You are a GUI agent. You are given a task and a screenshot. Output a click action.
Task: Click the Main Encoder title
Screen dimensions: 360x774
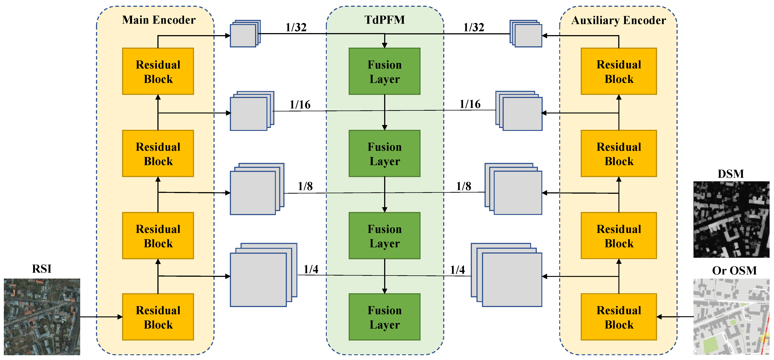(x=159, y=20)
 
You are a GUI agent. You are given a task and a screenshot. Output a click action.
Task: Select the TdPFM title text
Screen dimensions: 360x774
(x=385, y=20)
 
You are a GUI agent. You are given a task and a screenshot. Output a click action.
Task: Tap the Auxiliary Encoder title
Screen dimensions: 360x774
(x=618, y=20)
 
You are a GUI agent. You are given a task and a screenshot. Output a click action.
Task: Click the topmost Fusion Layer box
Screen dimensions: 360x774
(x=384, y=72)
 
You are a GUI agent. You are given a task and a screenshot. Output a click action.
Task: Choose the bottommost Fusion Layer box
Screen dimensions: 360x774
(x=384, y=317)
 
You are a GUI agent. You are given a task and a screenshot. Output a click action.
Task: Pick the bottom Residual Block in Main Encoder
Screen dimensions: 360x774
(x=158, y=317)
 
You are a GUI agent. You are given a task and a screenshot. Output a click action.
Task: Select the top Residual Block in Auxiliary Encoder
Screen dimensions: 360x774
(x=619, y=72)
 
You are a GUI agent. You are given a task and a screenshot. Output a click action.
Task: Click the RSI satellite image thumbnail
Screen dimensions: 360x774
(x=42, y=317)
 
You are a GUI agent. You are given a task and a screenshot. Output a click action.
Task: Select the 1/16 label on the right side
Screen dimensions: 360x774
(x=470, y=104)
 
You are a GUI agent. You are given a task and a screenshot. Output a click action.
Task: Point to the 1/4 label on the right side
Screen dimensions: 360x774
(x=457, y=270)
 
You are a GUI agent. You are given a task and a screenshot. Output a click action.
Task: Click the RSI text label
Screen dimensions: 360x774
(x=42, y=269)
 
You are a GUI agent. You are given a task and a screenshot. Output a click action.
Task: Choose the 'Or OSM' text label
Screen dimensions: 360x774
(x=734, y=270)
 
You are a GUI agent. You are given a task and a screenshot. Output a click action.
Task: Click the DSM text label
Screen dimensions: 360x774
(x=731, y=174)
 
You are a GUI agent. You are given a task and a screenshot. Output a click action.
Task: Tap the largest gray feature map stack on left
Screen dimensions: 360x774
(x=261, y=277)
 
